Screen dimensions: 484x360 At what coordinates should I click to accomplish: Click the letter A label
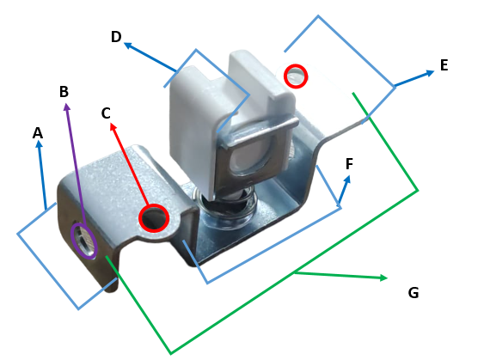(x=38, y=133)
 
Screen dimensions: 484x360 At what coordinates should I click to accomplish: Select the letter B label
(x=64, y=92)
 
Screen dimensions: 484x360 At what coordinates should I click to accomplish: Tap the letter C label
(x=106, y=113)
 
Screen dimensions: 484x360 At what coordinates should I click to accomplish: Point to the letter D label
(x=116, y=37)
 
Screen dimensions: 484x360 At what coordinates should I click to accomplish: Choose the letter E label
(x=444, y=65)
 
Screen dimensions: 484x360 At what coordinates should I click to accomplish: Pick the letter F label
(x=349, y=164)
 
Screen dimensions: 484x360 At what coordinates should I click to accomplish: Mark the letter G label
(x=414, y=292)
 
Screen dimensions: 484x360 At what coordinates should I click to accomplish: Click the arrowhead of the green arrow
(x=383, y=278)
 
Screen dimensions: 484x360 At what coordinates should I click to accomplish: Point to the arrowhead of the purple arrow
(x=67, y=107)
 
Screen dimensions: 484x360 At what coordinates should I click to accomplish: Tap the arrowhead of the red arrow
(x=113, y=126)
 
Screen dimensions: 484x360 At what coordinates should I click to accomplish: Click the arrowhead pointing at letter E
(x=431, y=73)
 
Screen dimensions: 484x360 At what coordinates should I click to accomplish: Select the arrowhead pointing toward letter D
(x=128, y=46)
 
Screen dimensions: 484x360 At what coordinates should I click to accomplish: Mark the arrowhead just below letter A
(x=39, y=144)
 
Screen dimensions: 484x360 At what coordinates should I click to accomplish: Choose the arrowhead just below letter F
(x=347, y=180)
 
